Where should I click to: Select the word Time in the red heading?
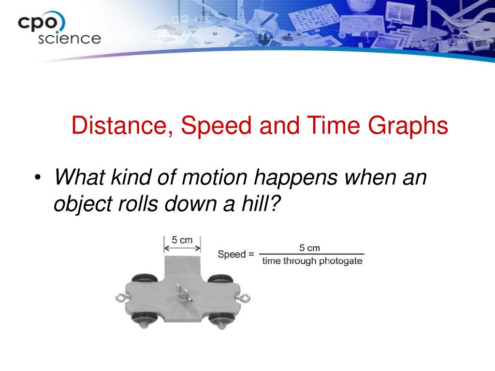(x=334, y=125)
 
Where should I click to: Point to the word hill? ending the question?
(x=261, y=203)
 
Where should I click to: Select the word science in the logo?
(x=70, y=39)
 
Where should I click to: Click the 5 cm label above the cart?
(x=182, y=241)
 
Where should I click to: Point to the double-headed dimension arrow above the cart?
(x=182, y=248)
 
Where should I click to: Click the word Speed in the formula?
(x=232, y=254)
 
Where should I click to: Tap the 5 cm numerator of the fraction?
(x=310, y=248)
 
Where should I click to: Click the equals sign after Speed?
(x=251, y=254)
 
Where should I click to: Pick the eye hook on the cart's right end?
(x=244, y=298)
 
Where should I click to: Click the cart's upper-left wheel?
(x=144, y=279)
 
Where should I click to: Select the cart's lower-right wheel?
(x=221, y=320)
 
